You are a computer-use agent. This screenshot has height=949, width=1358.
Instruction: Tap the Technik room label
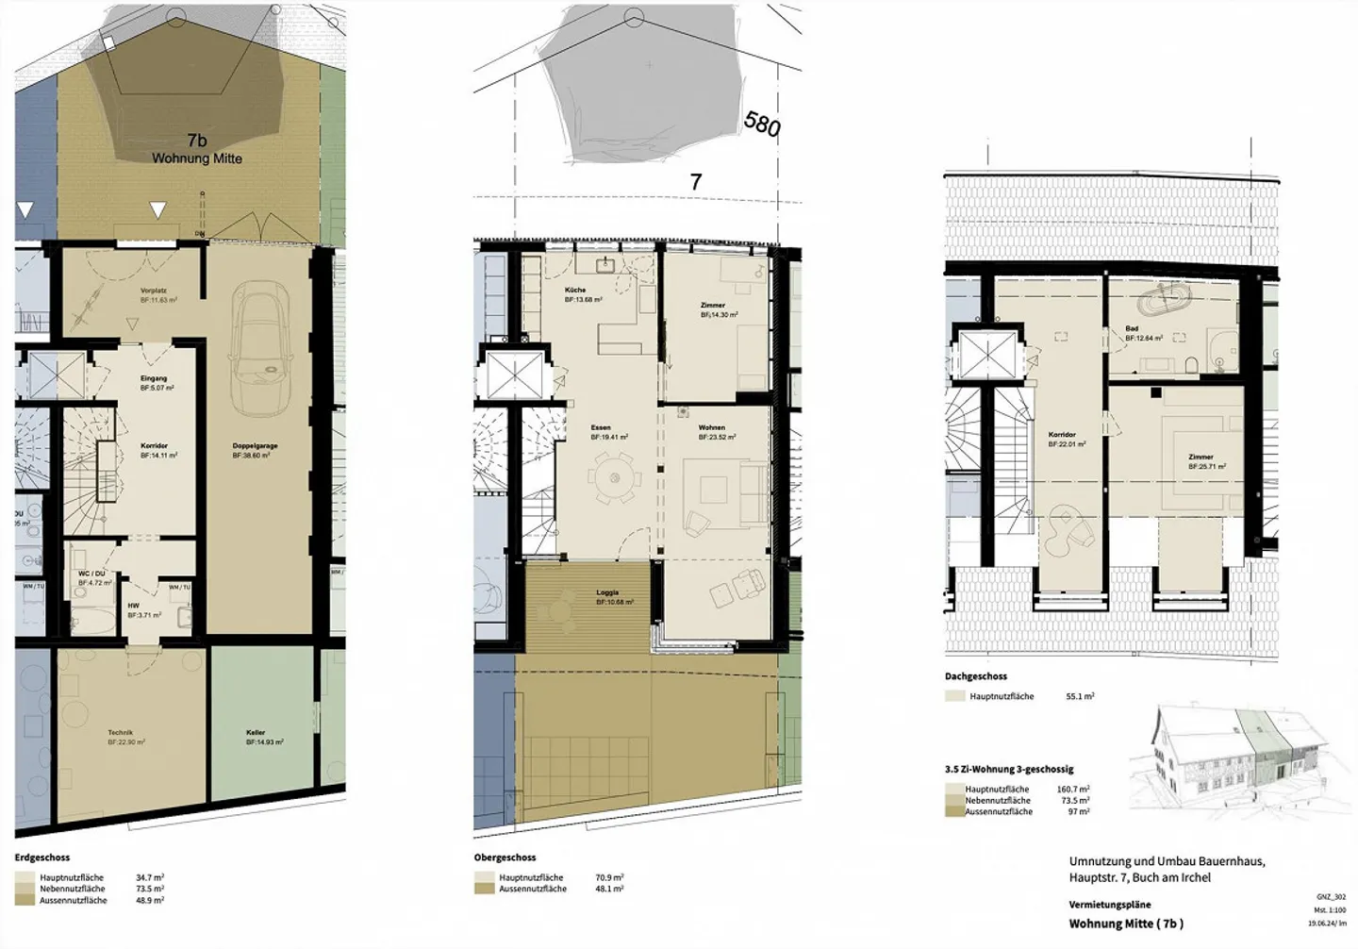(x=121, y=733)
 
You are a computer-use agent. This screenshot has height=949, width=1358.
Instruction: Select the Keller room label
(x=256, y=733)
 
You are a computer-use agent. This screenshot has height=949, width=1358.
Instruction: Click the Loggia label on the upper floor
(x=607, y=593)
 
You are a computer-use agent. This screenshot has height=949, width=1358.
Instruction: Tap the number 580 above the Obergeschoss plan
(x=762, y=124)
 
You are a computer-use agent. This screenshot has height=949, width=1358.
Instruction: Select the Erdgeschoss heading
(x=42, y=858)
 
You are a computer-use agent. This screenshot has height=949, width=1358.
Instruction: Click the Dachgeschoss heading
(x=976, y=676)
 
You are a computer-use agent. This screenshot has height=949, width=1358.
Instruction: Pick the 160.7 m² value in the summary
(x=1074, y=790)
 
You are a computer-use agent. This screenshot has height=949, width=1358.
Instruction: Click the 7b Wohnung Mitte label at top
(x=197, y=150)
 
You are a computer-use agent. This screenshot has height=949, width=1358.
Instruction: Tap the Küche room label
(x=575, y=290)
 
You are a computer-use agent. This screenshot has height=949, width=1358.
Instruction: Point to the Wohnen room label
(x=712, y=427)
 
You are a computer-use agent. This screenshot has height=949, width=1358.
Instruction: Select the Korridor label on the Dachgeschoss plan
(x=1062, y=435)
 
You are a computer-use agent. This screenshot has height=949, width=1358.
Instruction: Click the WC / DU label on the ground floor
(x=91, y=574)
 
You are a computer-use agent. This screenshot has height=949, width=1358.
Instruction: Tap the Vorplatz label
(x=153, y=291)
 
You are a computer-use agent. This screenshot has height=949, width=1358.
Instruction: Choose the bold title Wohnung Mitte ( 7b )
(x=1126, y=924)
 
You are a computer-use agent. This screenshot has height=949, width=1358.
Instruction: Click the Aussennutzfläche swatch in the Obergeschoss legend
(x=484, y=889)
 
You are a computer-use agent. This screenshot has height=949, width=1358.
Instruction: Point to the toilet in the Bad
(x=1191, y=363)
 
